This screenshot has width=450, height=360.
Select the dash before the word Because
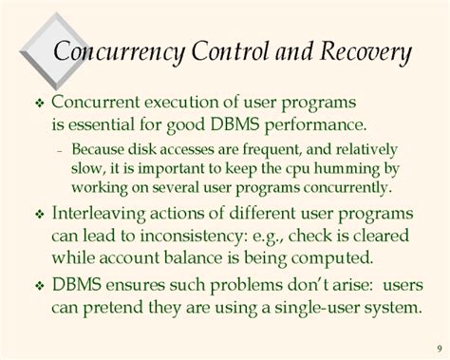click(x=61, y=149)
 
